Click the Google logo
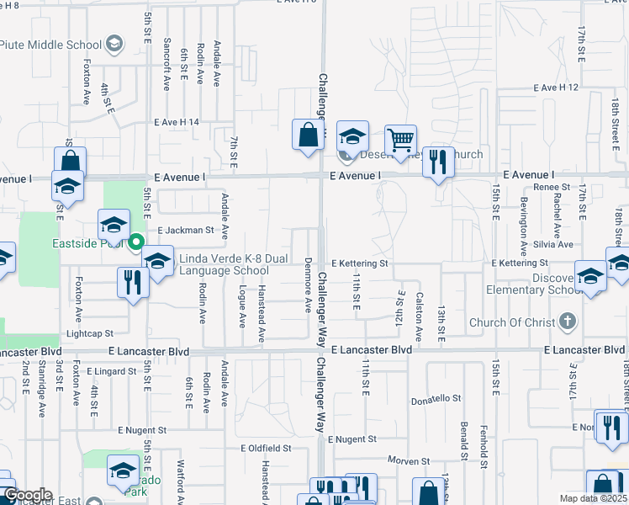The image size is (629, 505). [x=27, y=495]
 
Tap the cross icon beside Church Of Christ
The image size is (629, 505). [x=568, y=322]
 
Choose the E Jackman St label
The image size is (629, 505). [x=187, y=229]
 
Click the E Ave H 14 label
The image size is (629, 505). [x=177, y=122]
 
